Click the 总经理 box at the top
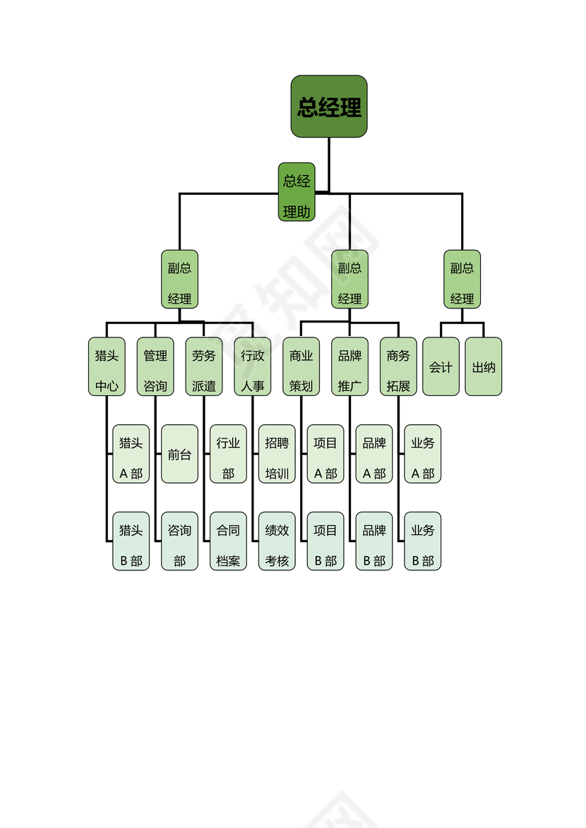point(329,107)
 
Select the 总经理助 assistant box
point(297,192)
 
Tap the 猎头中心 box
point(107,367)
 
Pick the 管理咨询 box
point(155,367)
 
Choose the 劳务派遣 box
point(204,367)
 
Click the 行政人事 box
point(253,367)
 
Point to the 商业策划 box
point(301,367)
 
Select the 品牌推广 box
point(350,367)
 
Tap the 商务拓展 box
point(398,367)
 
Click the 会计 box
point(441,367)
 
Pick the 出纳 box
point(484,367)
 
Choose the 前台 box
point(179,454)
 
